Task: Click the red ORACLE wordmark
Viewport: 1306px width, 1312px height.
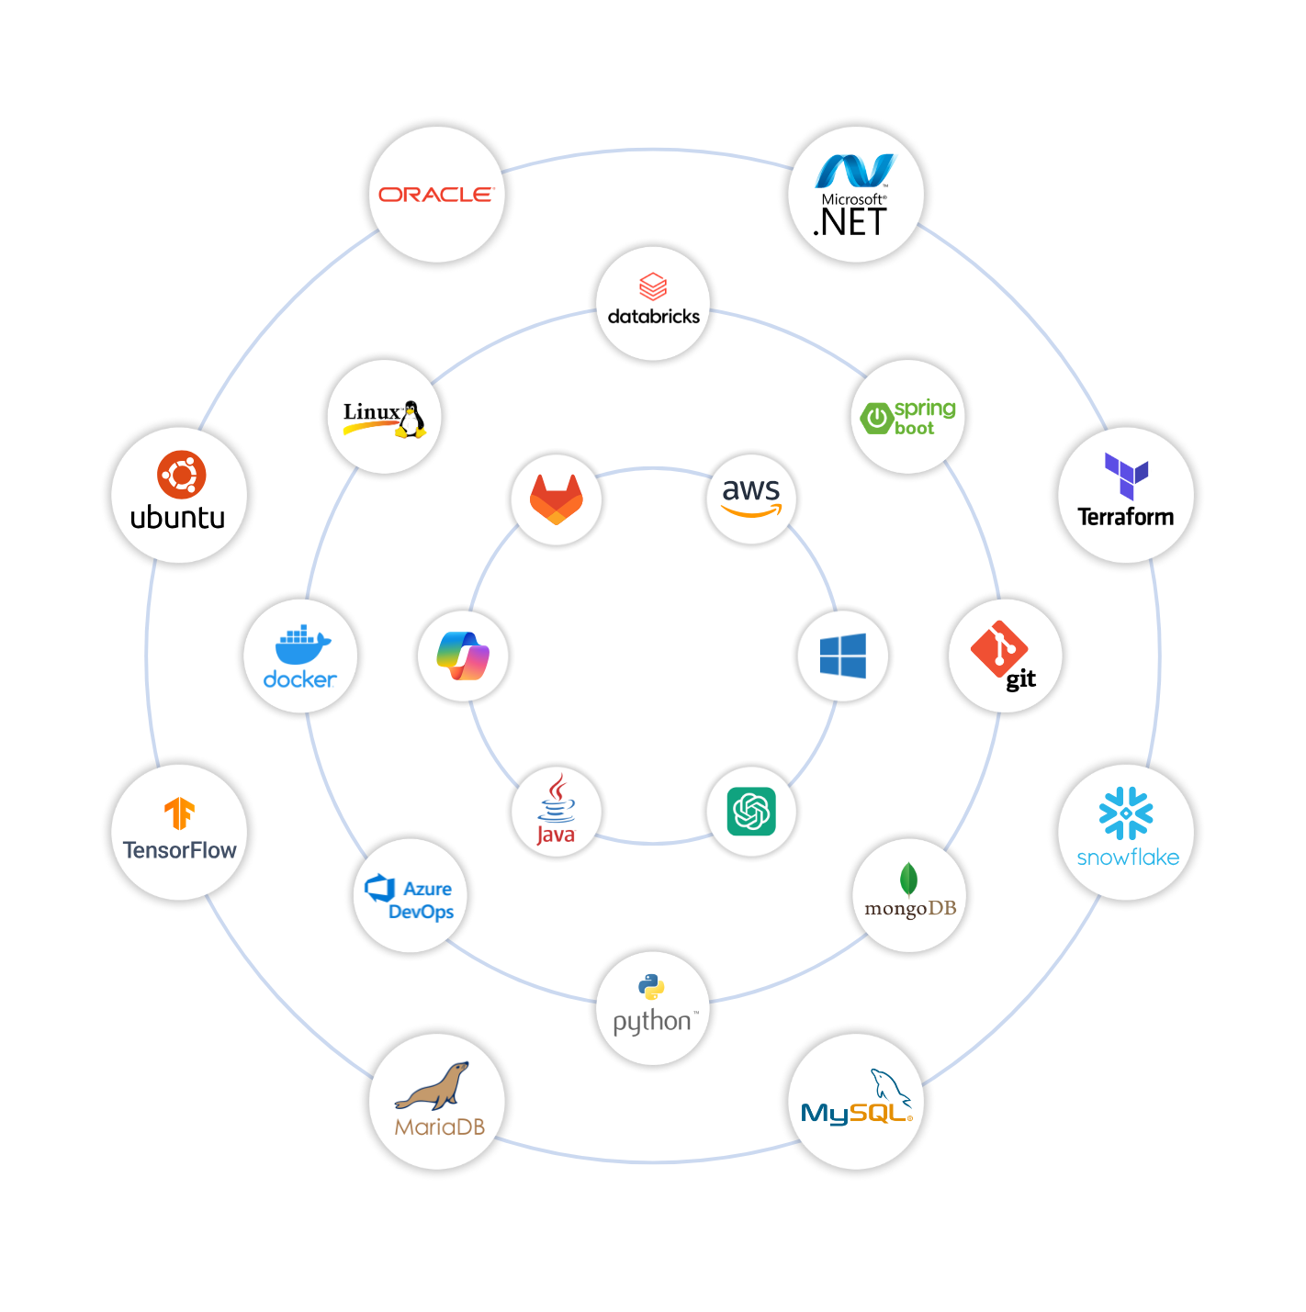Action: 436,195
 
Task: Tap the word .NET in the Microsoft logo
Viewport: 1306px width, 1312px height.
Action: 851,223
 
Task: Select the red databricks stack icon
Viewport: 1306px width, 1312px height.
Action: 653,286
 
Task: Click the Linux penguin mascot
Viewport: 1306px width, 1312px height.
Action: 411,420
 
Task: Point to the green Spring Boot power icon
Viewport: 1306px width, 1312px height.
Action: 876,419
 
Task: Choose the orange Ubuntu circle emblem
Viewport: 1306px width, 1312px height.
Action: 181,475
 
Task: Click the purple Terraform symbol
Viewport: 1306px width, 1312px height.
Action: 1126,476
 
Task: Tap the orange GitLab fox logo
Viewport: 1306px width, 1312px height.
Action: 557,499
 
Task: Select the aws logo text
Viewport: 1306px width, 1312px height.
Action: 751,490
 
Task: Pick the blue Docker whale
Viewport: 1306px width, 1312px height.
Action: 302,645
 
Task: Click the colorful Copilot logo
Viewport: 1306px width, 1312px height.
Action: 463,656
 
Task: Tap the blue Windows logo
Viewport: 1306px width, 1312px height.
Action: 843,656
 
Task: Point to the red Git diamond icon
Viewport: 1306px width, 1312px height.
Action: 998,648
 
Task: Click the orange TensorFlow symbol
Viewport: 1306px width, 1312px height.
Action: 180,813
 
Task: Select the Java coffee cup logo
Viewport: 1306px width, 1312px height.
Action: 557,799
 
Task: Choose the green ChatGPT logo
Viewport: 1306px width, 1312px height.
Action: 751,812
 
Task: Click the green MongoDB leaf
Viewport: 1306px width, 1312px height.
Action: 908,880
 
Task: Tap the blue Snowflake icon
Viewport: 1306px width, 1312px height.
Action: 1126,813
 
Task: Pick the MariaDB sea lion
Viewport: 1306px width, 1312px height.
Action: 433,1088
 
